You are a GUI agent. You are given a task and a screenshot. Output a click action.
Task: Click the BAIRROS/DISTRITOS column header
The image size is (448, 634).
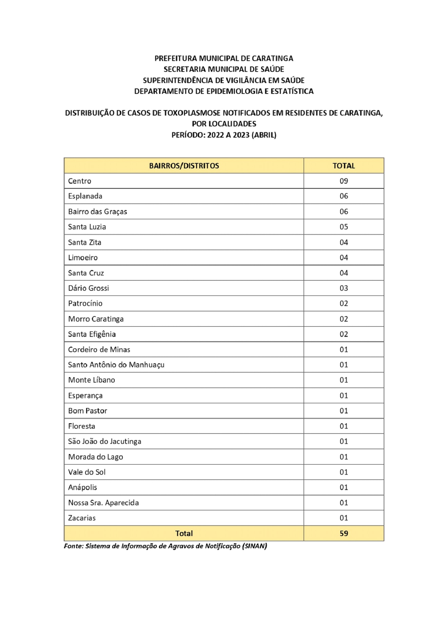coord(184,166)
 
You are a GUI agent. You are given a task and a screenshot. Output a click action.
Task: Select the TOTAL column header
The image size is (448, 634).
coord(344,166)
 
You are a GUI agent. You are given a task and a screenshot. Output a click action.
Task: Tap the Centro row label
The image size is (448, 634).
coord(80,181)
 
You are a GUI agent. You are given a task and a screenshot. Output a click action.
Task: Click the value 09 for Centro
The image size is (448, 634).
coord(344,181)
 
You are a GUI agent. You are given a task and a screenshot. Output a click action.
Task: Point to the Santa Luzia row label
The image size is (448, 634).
coord(87,227)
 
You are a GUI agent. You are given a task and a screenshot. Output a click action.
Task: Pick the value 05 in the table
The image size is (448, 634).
coord(344,227)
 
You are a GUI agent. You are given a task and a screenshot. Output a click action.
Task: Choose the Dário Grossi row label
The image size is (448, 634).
coord(89,288)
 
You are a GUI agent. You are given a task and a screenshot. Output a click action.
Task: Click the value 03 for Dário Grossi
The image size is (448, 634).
coord(344,288)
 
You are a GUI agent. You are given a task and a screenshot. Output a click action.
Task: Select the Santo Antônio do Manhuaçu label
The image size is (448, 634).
coord(116,365)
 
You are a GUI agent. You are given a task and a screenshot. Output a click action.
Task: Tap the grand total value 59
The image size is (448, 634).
coord(344,533)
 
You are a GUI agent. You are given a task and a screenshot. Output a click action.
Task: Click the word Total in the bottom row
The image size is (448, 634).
coord(184,533)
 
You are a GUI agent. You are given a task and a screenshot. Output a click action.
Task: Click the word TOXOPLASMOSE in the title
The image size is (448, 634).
coord(192,113)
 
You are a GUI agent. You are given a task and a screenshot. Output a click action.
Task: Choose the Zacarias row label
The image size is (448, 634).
coord(82,518)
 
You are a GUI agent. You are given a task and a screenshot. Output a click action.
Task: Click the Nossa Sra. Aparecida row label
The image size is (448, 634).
coord(103,503)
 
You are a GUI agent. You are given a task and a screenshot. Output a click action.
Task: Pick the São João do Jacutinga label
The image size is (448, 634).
coord(104,441)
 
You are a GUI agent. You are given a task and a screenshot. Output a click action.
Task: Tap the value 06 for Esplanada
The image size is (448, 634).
coord(344,196)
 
